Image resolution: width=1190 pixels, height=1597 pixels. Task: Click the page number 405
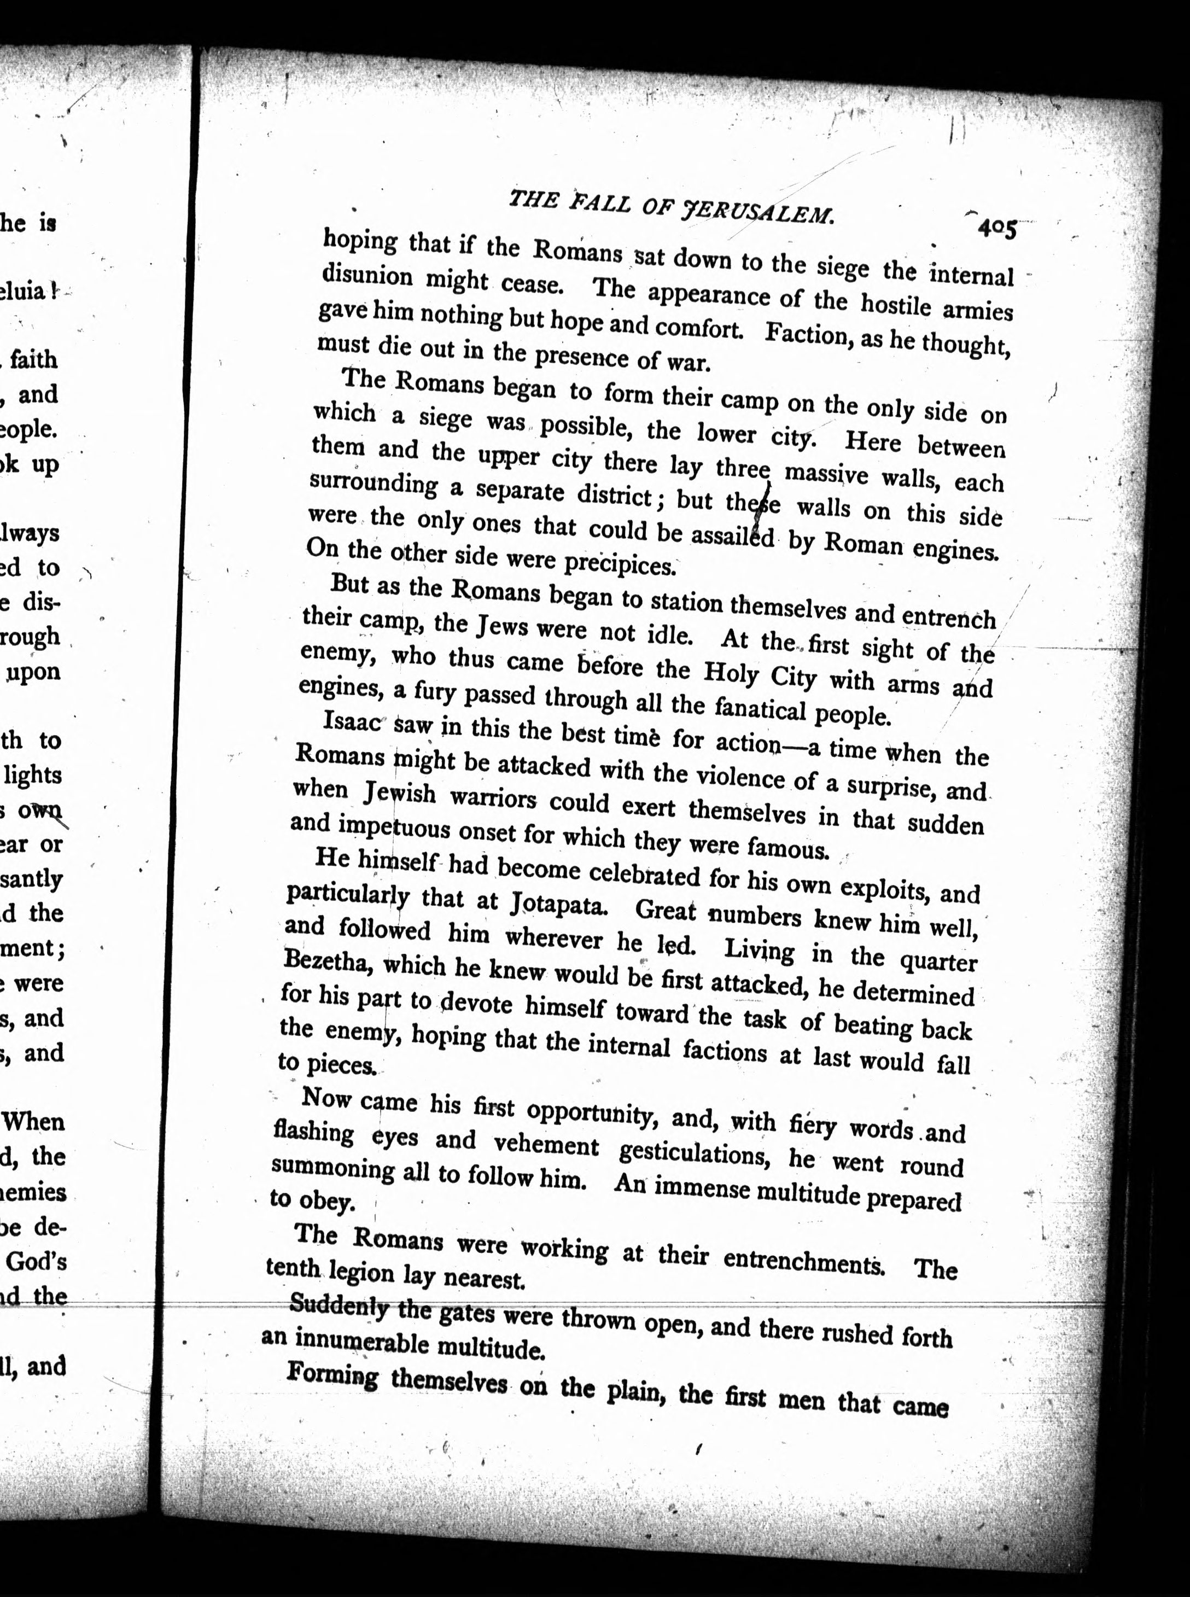996,229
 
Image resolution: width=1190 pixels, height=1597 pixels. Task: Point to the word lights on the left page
33,775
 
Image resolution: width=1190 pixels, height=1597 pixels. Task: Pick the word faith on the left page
33,359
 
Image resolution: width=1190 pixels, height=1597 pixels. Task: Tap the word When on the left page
34,1122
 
